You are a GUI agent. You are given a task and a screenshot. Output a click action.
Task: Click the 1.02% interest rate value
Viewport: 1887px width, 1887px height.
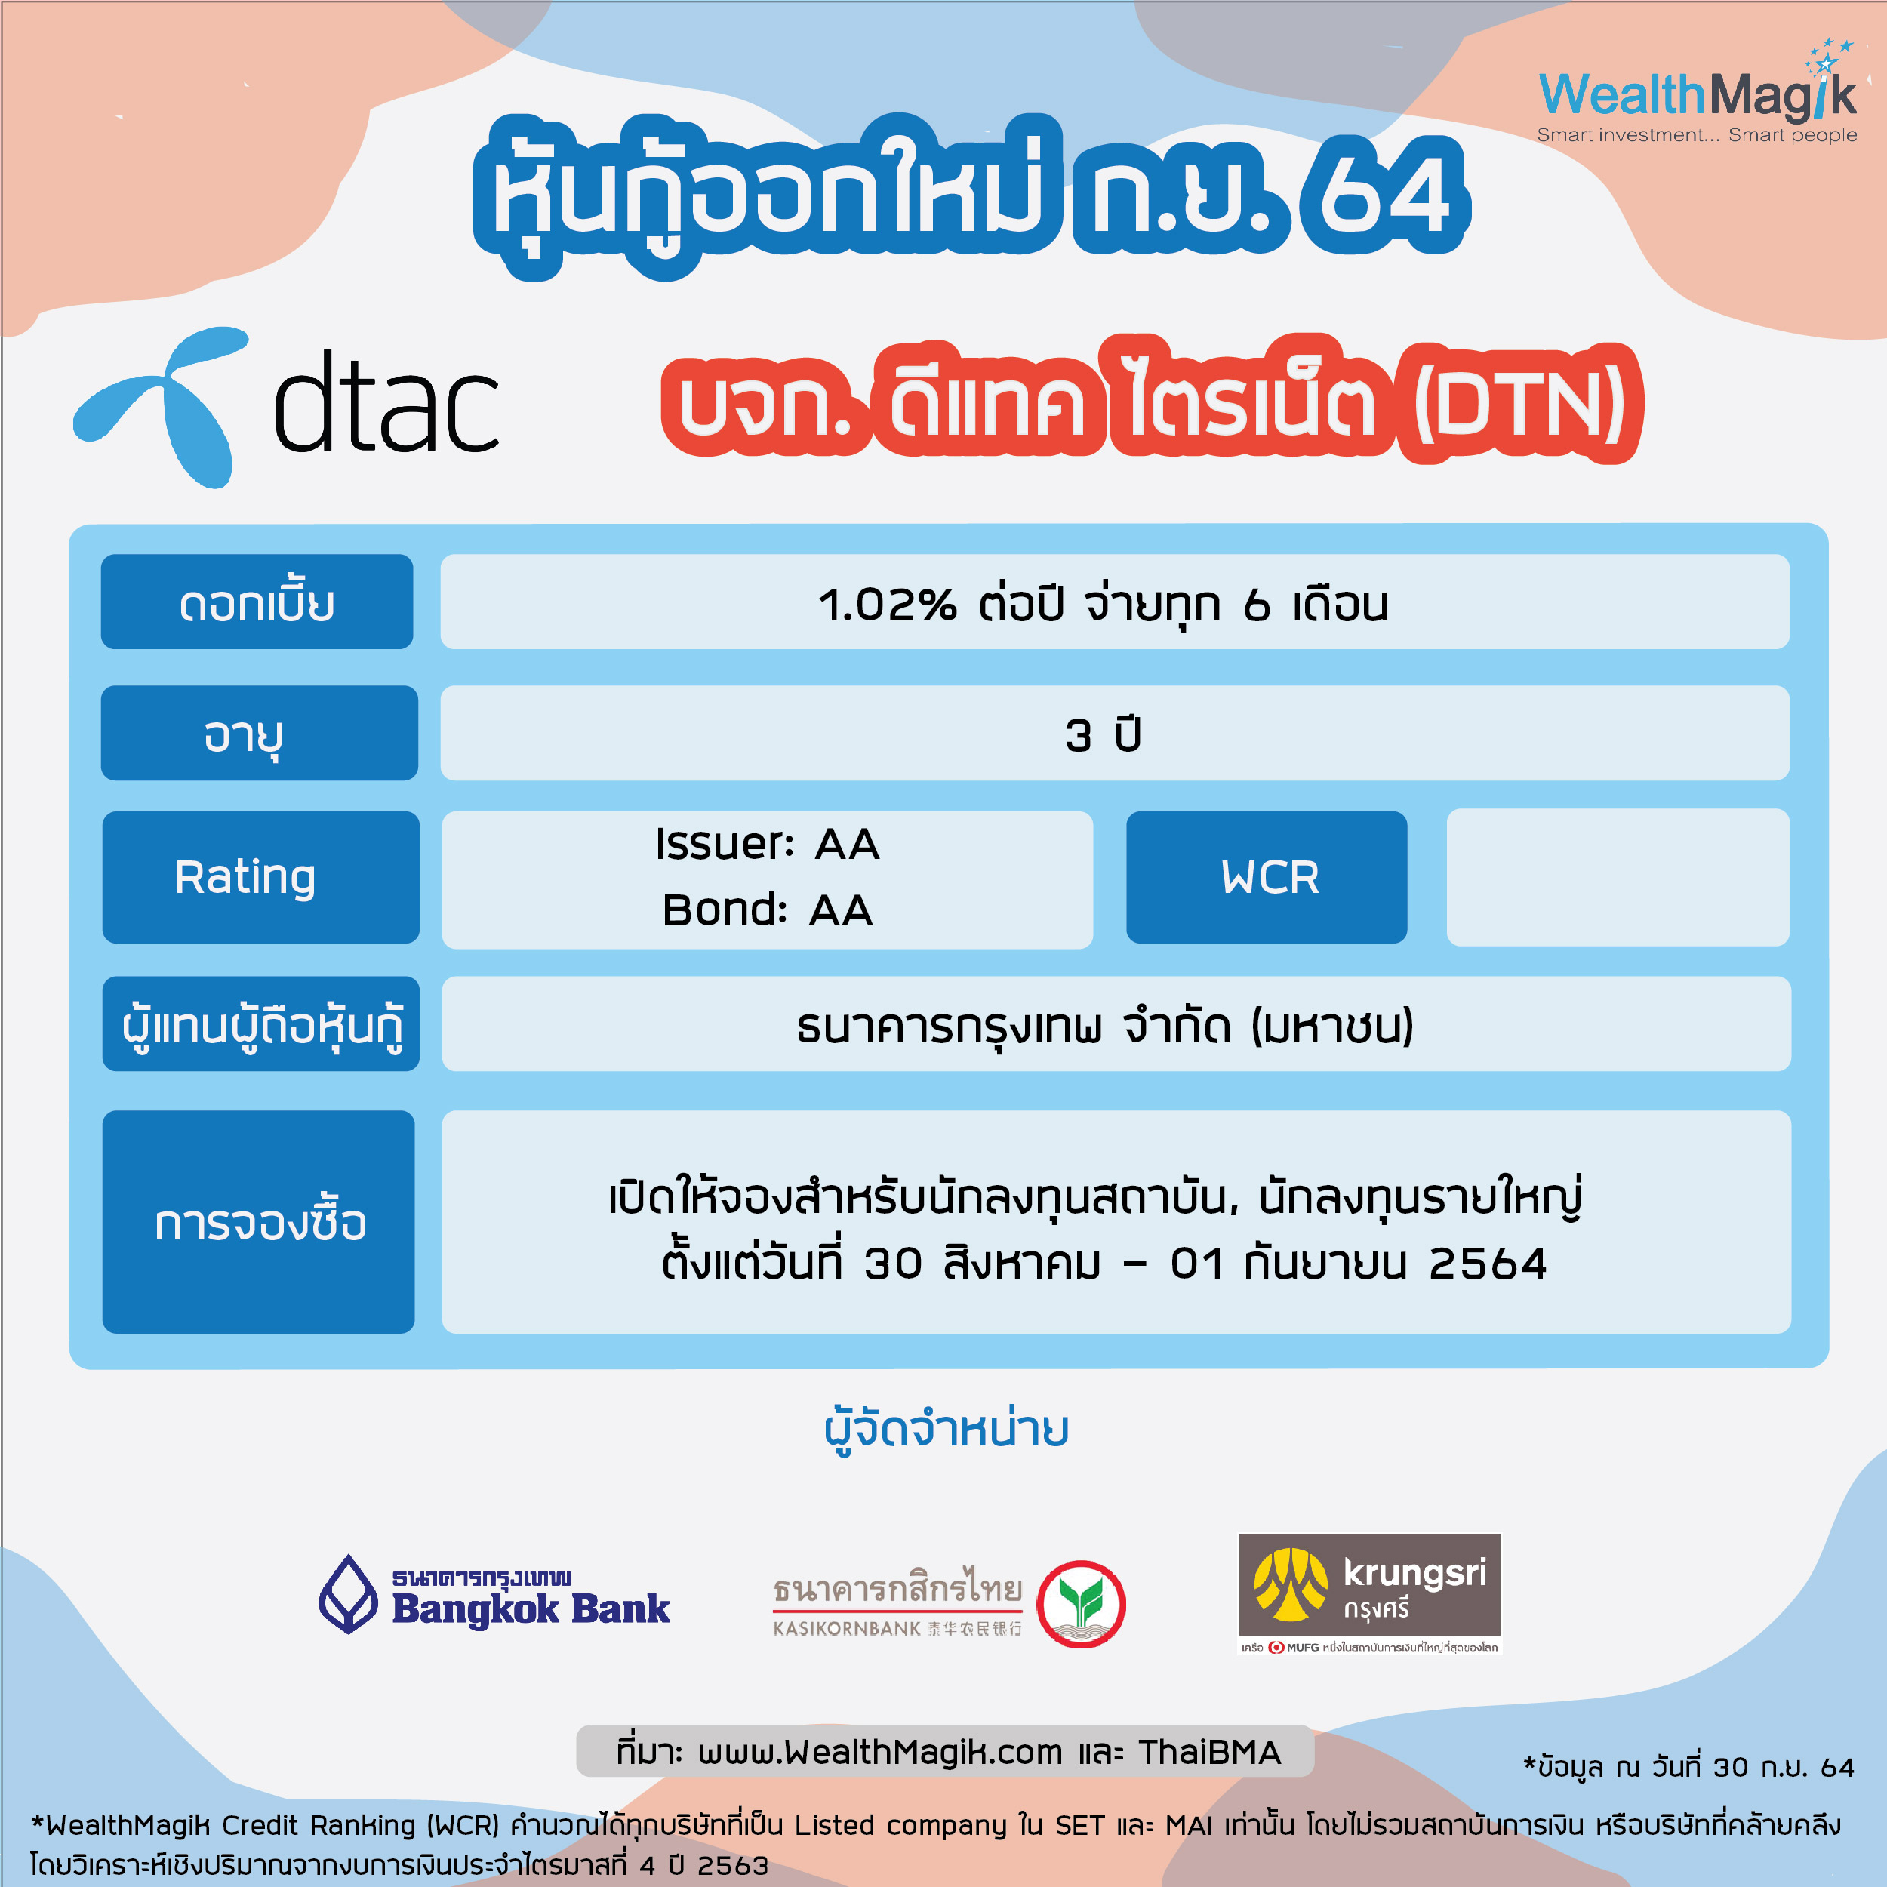887,605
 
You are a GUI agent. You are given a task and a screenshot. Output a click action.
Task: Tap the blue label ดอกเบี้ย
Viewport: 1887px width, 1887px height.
257,602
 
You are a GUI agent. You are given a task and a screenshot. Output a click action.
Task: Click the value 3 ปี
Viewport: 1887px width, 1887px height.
1104,734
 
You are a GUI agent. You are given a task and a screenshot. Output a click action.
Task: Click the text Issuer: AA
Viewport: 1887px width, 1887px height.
768,844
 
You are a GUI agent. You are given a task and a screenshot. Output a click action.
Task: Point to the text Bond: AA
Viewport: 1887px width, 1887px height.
768,910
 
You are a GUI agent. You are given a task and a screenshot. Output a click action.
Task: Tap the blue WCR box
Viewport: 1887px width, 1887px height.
1267,877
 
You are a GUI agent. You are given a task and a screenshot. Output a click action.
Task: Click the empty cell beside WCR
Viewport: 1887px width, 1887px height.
1618,877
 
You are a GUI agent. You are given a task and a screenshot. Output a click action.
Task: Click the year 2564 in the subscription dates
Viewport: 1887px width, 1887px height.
1488,1264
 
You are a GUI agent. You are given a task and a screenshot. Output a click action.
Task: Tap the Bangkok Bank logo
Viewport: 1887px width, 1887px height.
494,1594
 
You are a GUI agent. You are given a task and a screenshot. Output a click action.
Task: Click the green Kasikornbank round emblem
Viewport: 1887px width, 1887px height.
1081,1604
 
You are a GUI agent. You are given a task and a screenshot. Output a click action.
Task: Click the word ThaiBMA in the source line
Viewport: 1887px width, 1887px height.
1209,1752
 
